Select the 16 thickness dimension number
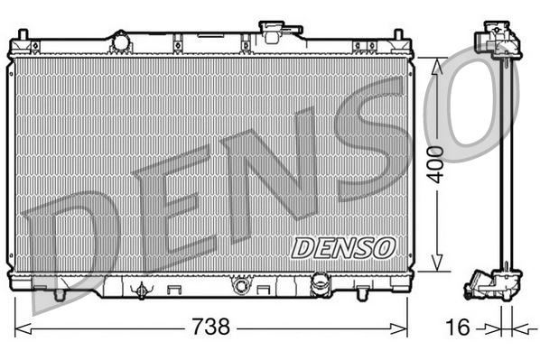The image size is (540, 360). click(x=460, y=327)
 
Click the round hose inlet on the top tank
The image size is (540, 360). click(x=120, y=41)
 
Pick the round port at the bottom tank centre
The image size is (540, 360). click(x=241, y=287)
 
